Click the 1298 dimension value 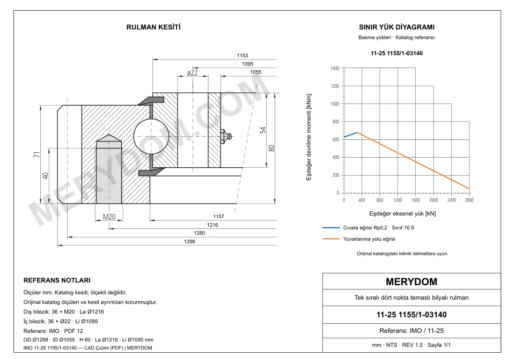(x=189, y=242)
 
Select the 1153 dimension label (x=242, y=55)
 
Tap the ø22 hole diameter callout (x=192, y=72)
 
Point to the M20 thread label (x=109, y=217)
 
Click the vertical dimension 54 (x=263, y=130)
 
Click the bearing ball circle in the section (x=151, y=136)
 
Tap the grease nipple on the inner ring (x=226, y=136)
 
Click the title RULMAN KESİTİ (x=153, y=27)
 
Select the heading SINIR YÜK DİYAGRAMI (x=396, y=27)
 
